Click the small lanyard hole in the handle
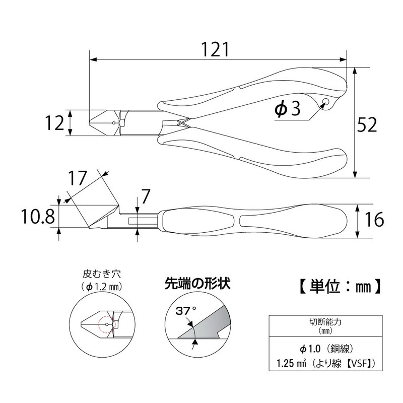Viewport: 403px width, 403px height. [x=325, y=103]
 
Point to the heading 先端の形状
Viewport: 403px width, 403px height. [x=196, y=283]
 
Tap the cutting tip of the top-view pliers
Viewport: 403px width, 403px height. [x=91, y=123]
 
